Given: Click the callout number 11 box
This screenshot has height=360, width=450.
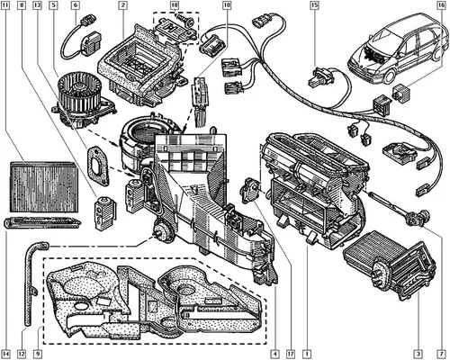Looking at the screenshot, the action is coord(5,5).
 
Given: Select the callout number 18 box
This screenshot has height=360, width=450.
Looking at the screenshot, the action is coord(175,5).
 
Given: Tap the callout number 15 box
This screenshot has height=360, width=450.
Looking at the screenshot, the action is coord(314,5).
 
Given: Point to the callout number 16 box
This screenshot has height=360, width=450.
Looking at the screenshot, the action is coord(441,5).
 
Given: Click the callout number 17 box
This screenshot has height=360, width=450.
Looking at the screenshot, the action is coord(291,353).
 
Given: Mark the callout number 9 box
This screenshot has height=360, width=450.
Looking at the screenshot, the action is coord(37,353).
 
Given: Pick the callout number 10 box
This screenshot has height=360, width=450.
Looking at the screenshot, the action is coord(227,5).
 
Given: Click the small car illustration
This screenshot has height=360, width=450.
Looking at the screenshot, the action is coord(398,48).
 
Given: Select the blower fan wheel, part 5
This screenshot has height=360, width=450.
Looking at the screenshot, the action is coord(84,101).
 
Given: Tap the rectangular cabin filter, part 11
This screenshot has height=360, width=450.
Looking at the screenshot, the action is coord(44,187).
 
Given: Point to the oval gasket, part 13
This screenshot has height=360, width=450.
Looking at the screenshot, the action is coord(97,165).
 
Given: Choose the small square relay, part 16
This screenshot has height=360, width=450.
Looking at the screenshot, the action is coord(401,92).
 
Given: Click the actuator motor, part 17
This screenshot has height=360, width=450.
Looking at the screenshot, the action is coord(250,190).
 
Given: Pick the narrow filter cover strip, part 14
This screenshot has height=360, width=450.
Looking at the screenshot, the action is coord(42,222).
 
